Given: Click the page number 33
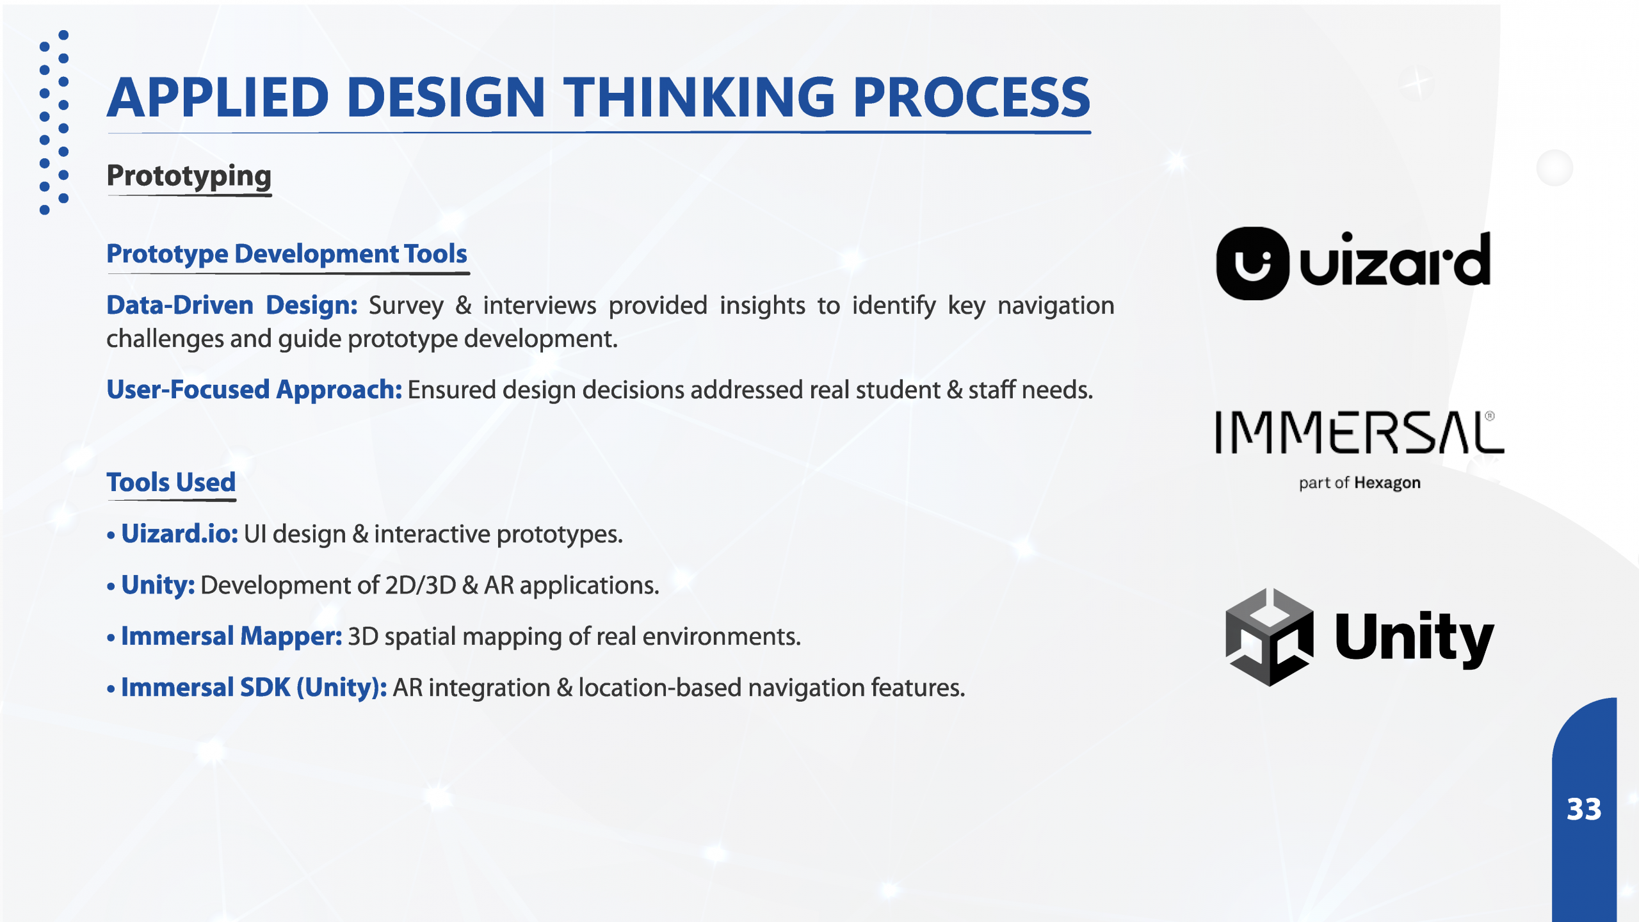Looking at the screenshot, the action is pyautogui.click(x=1584, y=809).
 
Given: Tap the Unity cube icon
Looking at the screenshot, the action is pyautogui.click(x=1270, y=636).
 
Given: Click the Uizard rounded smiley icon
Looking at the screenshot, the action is pyautogui.click(x=1252, y=263).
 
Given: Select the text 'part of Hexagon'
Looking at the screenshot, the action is pyautogui.click(x=1359, y=483).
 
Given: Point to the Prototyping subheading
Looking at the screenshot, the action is pyautogui.click(x=189, y=176).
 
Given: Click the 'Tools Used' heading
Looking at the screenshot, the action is pyautogui.click(x=171, y=482).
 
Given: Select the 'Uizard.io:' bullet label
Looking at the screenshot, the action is pyautogui.click(x=179, y=533).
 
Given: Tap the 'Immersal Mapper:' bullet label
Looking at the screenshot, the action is pyautogui.click(x=232, y=636).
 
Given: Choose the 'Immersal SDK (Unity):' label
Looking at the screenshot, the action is pyautogui.click(x=254, y=688).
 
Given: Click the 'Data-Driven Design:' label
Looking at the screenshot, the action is pyautogui.click(x=232, y=305).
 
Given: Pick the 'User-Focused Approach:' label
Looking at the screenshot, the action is pyautogui.click(x=254, y=390).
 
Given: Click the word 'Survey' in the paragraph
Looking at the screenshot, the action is pyautogui.click(x=406, y=306).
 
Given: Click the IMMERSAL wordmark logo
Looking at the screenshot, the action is pyautogui.click(x=1360, y=433).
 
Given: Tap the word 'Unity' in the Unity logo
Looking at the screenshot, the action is pyautogui.click(x=1414, y=638).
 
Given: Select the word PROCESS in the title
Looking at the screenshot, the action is pyautogui.click(x=972, y=97).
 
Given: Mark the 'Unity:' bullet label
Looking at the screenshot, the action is pyautogui.click(x=157, y=585).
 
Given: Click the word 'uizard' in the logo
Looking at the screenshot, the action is pyautogui.click(x=1395, y=259).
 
